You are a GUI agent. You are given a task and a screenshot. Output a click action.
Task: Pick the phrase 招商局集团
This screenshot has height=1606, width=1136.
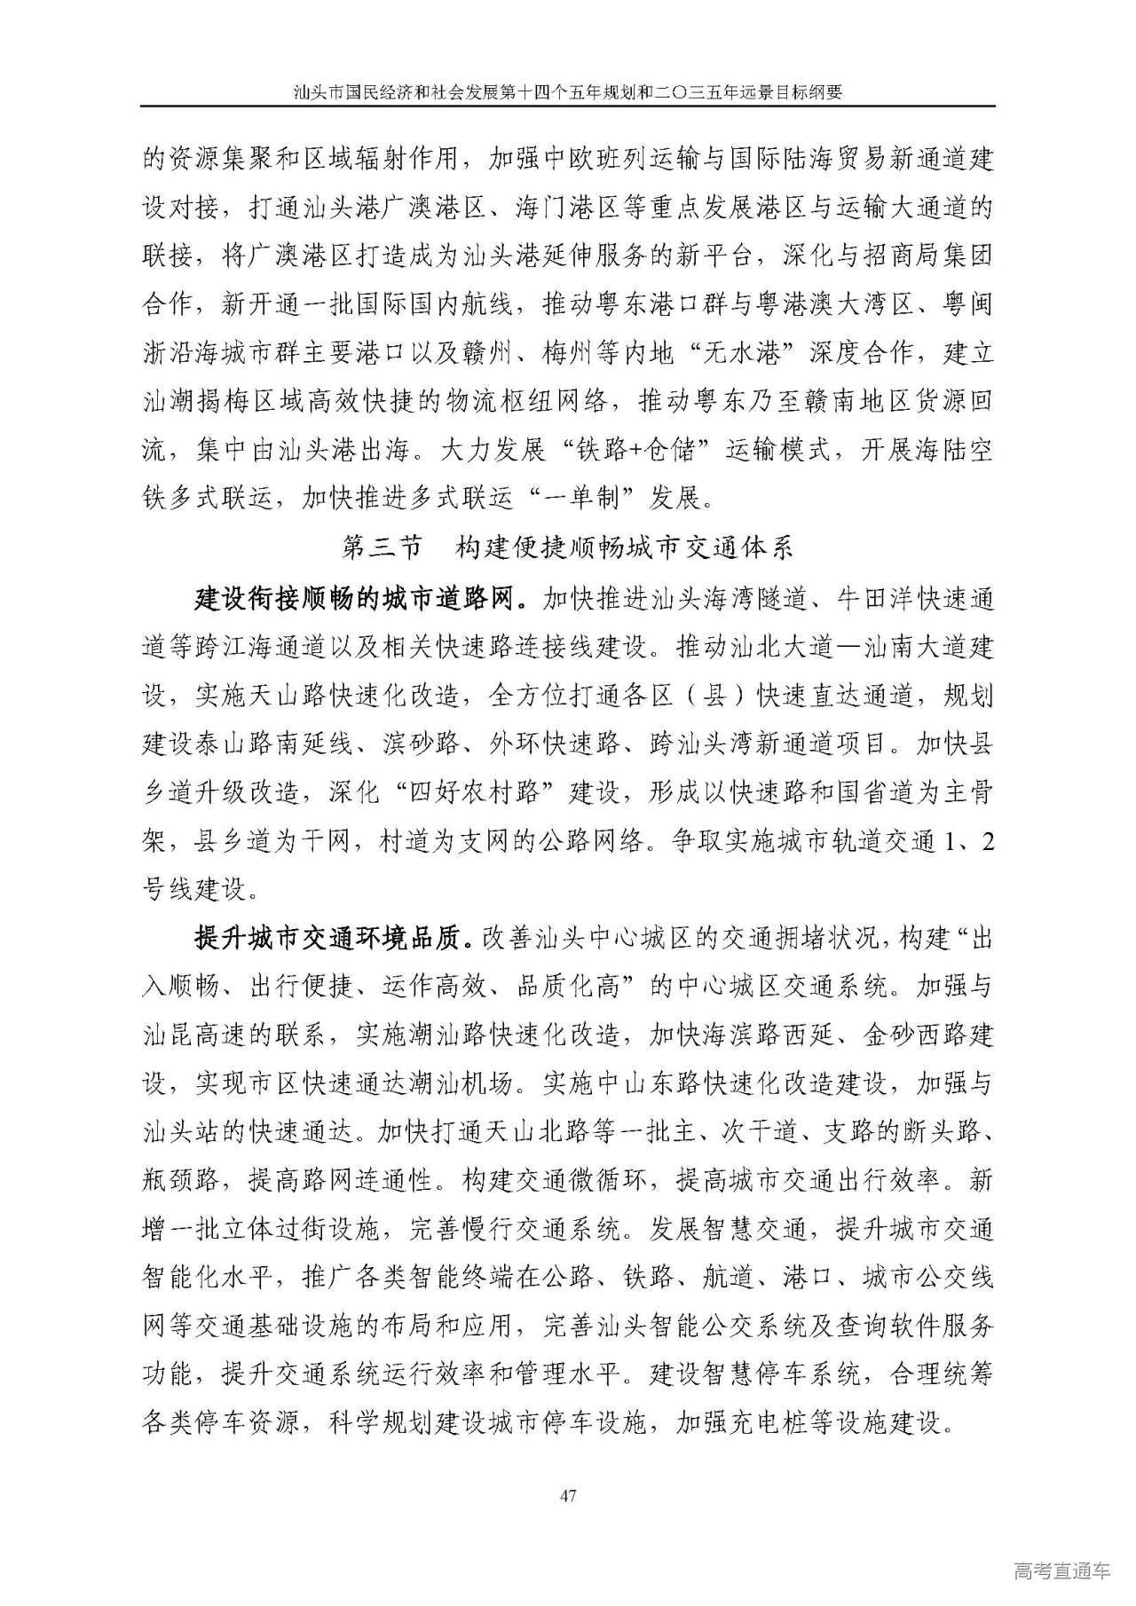click(x=929, y=256)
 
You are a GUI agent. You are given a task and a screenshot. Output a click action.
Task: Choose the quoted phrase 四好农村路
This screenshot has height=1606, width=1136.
click(x=474, y=791)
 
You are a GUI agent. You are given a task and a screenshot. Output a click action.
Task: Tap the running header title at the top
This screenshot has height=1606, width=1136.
click(x=567, y=91)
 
